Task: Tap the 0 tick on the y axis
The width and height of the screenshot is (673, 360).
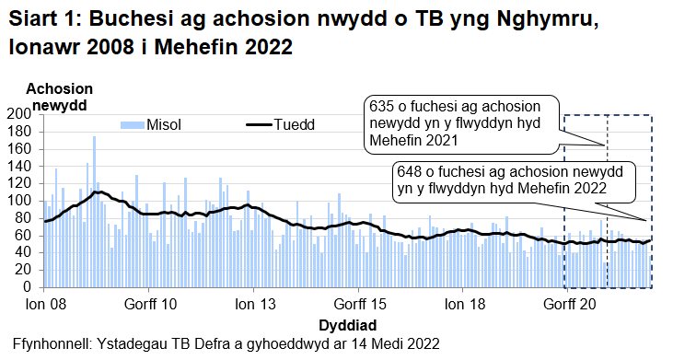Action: click(x=28, y=287)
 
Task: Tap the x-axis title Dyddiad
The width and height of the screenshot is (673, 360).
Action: click(x=346, y=325)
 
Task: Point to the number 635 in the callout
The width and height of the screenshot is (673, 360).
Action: click(x=381, y=106)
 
